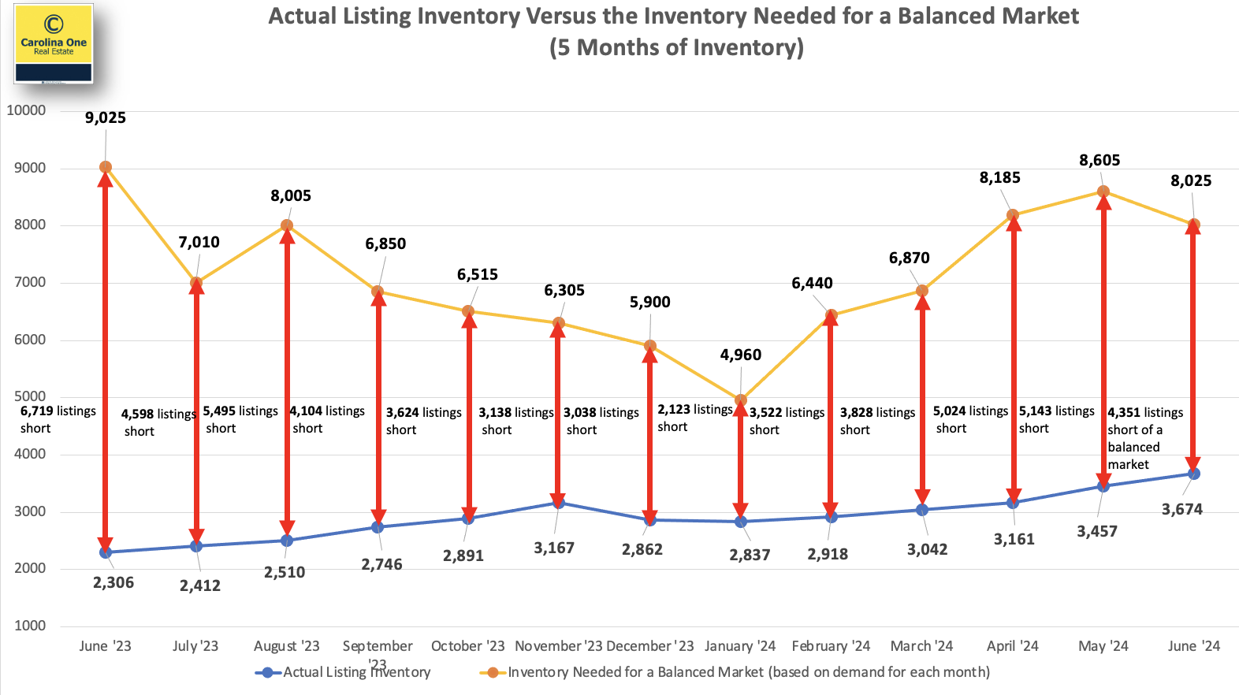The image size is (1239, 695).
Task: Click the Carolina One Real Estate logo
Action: (x=54, y=43)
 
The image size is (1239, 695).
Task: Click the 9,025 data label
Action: (x=106, y=118)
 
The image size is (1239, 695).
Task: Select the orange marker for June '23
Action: (x=106, y=167)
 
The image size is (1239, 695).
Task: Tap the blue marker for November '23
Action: (x=558, y=503)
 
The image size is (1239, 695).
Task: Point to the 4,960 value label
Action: (x=741, y=355)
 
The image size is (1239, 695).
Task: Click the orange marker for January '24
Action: (x=741, y=400)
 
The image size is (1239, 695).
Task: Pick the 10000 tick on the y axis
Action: (x=26, y=110)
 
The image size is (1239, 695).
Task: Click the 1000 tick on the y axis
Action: (x=30, y=626)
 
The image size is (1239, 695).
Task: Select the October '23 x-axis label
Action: (x=467, y=646)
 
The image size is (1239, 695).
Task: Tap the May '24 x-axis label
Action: (x=1103, y=646)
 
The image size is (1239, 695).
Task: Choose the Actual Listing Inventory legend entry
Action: (x=343, y=672)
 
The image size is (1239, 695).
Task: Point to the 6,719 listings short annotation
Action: (x=58, y=419)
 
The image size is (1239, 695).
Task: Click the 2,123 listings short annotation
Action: (x=694, y=418)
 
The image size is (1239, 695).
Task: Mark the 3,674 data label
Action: (x=1182, y=510)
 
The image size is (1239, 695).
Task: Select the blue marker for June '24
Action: (x=1194, y=474)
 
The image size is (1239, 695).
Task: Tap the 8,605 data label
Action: (x=1099, y=161)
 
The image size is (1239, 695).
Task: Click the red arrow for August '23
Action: (x=288, y=382)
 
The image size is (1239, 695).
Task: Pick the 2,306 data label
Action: (x=113, y=583)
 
